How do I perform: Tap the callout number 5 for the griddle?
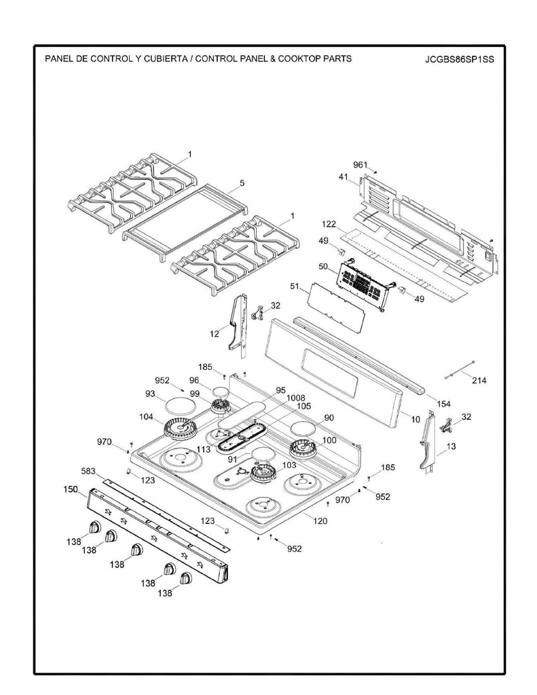click(x=242, y=183)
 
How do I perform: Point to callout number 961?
click(x=360, y=165)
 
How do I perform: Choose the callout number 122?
click(x=329, y=224)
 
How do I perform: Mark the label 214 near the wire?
click(x=479, y=380)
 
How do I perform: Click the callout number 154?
click(x=443, y=404)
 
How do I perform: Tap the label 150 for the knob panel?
click(x=71, y=489)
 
